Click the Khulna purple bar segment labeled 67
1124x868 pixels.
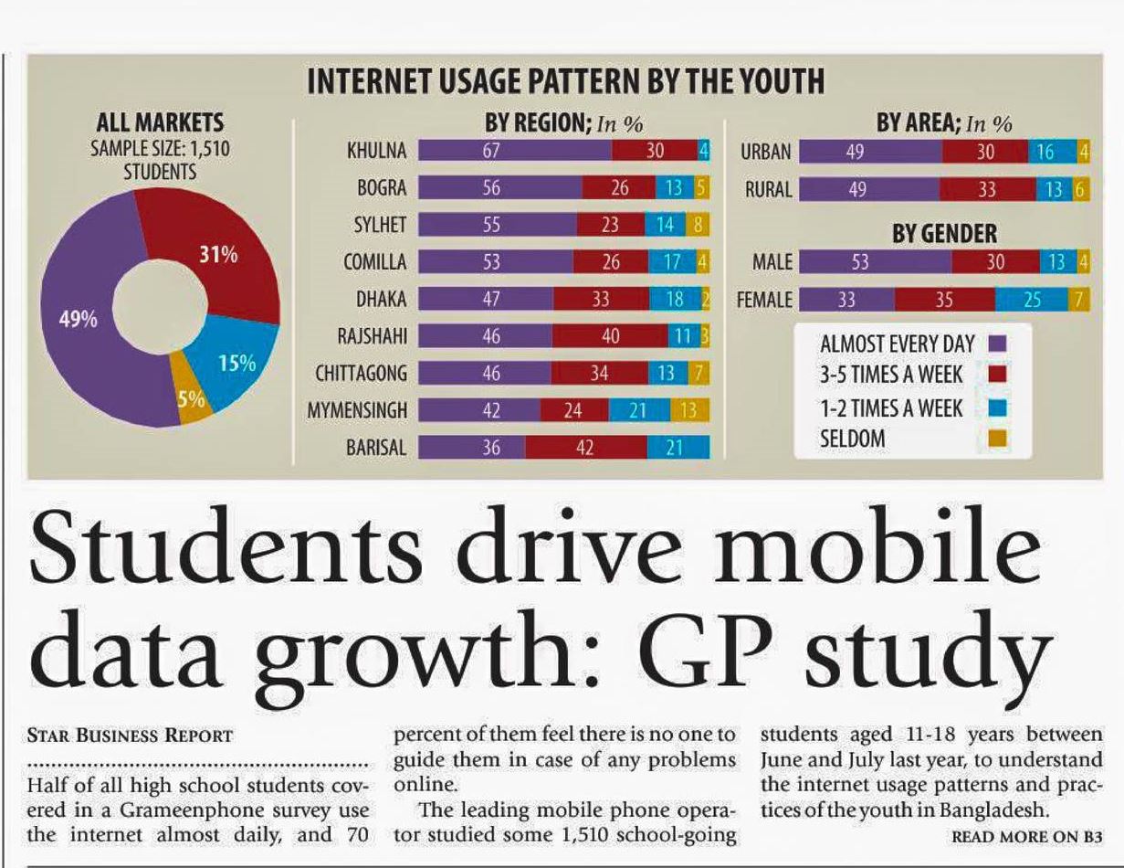tap(514, 151)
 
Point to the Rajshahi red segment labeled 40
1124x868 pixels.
tap(611, 336)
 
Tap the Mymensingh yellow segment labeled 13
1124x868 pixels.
tap(689, 411)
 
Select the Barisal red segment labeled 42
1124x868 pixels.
tap(585, 448)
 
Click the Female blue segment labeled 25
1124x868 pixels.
tap(1031, 300)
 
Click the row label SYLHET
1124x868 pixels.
tap(380, 225)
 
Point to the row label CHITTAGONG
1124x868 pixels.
tap(361, 374)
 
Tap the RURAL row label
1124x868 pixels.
tap(769, 189)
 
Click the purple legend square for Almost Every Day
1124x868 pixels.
tap(998, 344)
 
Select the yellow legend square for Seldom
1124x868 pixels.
tap(998, 439)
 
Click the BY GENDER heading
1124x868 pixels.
tap(944, 234)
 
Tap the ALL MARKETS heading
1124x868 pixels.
tap(160, 122)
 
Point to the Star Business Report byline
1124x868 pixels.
tap(130, 736)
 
